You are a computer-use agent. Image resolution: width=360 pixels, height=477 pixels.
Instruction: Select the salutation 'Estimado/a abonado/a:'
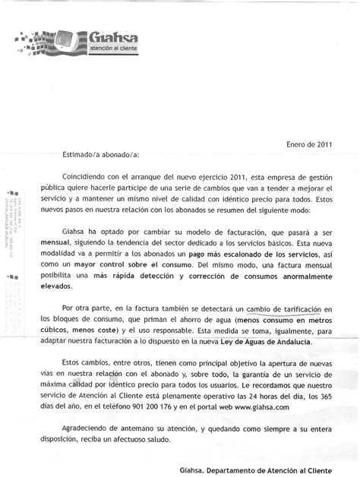pos(100,154)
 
